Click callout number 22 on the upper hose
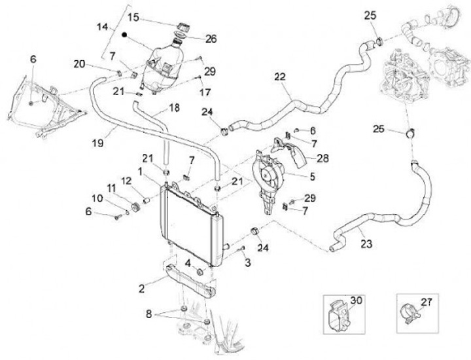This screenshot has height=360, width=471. point(279,77)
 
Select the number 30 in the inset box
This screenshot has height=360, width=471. point(356,300)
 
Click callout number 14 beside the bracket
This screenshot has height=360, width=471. point(102,27)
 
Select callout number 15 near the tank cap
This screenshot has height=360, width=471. point(133,16)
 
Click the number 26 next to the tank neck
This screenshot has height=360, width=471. point(211,39)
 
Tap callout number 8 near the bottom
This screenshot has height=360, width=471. point(150,314)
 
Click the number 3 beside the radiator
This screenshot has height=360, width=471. point(249,263)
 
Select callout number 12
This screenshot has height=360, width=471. point(126,181)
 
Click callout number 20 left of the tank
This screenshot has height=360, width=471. point(79,63)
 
